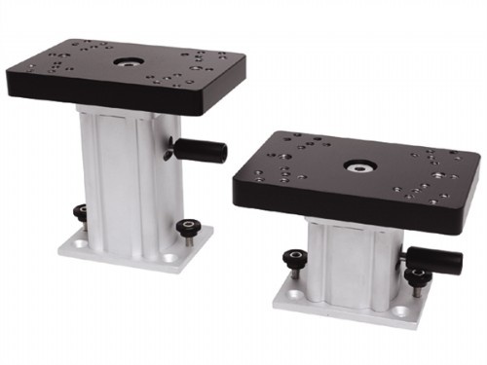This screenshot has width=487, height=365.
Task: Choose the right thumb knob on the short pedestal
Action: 416,275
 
